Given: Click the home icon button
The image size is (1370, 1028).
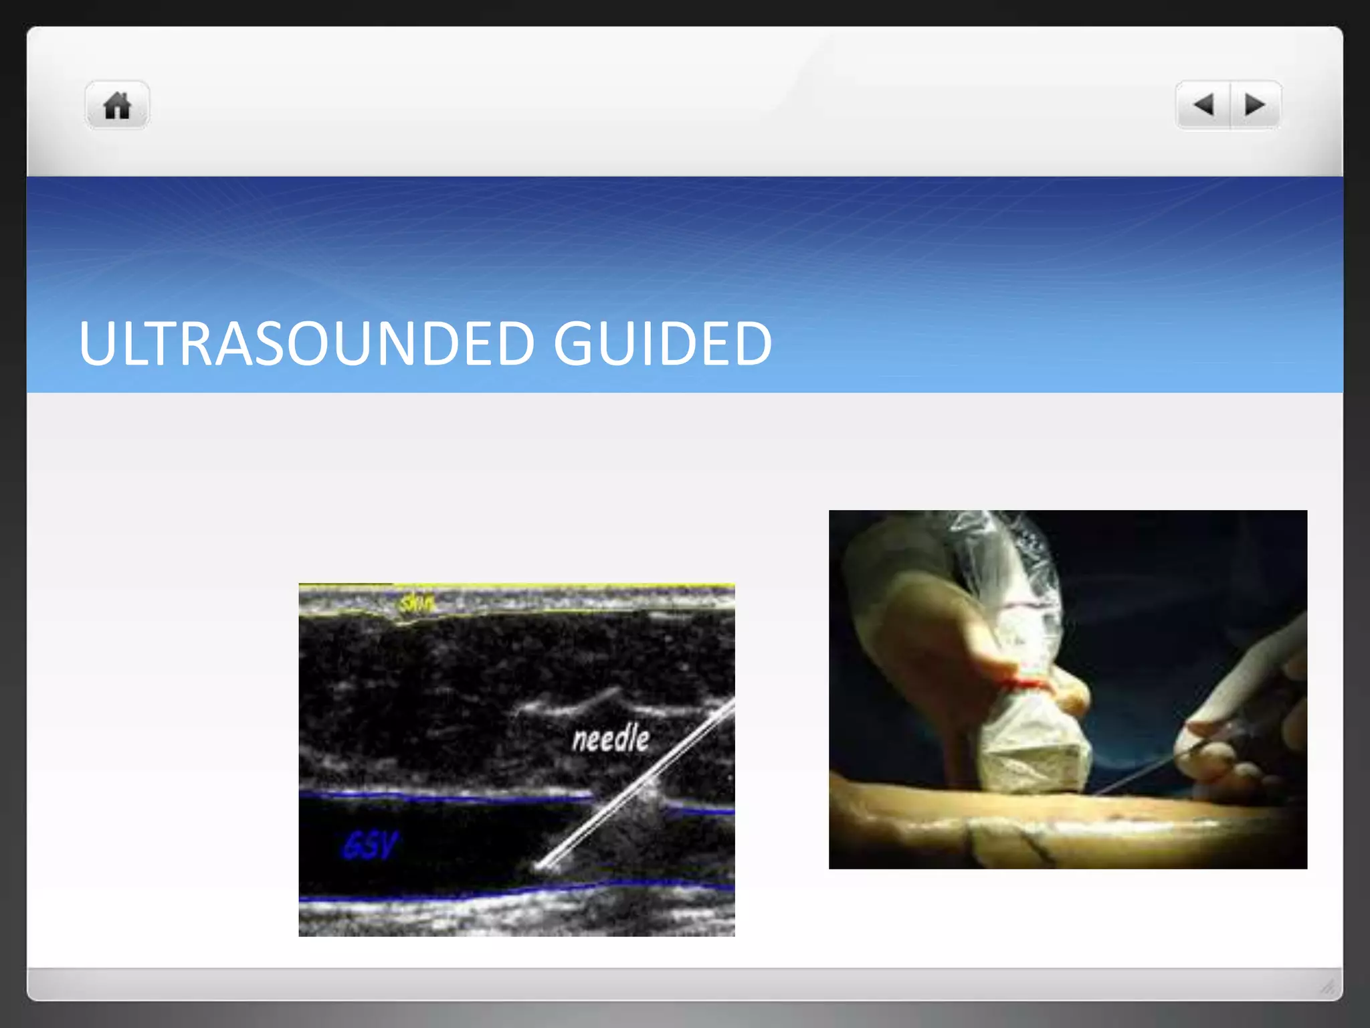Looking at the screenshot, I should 117,106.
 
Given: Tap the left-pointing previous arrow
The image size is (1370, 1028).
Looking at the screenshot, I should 1203,105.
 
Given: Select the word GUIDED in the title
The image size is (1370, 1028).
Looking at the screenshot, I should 662,343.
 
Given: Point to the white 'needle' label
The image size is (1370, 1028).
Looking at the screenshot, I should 611,739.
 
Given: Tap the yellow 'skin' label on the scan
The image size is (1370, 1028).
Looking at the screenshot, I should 417,604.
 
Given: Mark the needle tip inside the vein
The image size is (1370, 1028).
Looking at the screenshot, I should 539,867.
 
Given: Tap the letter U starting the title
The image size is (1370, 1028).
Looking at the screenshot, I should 99,343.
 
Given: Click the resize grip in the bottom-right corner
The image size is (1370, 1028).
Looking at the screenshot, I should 1327,987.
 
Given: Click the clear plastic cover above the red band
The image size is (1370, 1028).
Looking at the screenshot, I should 1017,589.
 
